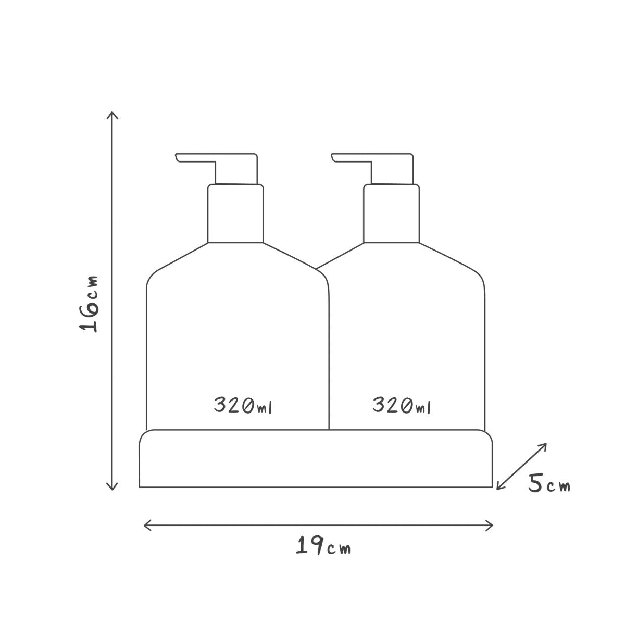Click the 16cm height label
(x=88, y=304)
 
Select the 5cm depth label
(x=549, y=492)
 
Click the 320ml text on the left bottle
(x=243, y=405)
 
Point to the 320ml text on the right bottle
(x=402, y=405)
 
